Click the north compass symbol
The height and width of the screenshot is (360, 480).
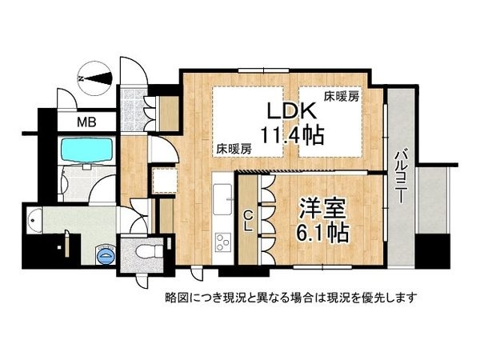click(94, 78)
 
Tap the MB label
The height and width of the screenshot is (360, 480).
click(82, 122)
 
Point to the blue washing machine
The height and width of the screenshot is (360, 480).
click(104, 255)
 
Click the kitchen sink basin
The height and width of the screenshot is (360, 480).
click(223, 195)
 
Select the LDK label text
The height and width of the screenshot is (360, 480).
click(289, 110)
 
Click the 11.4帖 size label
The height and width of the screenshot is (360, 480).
click(290, 135)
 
